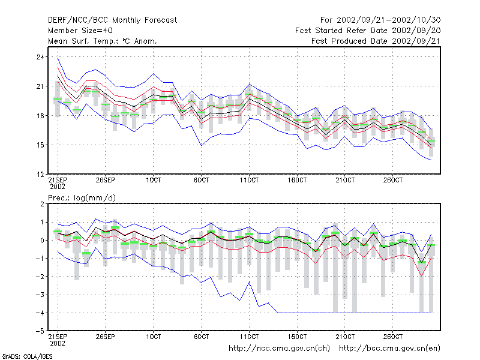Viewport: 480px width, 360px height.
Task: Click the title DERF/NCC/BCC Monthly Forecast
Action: (112, 20)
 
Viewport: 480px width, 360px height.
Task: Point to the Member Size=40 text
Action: (80, 31)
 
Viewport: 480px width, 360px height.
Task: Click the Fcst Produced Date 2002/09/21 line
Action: (376, 41)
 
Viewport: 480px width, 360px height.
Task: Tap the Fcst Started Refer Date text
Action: (342, 31)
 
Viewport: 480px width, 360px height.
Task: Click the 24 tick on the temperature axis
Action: (40, 57)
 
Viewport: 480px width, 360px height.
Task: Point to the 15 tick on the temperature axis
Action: (40, 145)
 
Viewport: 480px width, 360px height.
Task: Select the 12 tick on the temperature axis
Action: (40, 174)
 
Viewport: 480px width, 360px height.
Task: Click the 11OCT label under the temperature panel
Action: (249, 180)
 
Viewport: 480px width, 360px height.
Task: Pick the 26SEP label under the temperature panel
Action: (106, 180)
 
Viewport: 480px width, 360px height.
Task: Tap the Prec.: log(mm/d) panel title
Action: (82, 198)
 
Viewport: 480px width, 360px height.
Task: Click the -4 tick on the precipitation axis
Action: (40, 313)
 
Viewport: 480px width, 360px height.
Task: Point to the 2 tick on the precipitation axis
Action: (42, 204)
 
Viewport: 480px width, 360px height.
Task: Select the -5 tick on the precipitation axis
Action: (40, 331)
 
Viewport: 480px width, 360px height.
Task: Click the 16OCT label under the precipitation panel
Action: (297, 337)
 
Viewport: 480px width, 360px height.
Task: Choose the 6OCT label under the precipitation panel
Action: (201, 337)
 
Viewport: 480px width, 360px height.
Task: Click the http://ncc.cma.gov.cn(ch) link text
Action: (279, 349)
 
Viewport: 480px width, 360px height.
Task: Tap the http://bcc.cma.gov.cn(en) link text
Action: (389, 349)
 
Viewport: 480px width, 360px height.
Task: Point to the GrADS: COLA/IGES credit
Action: (27, 356)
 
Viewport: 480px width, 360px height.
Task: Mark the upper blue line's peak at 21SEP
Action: (58, 58)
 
